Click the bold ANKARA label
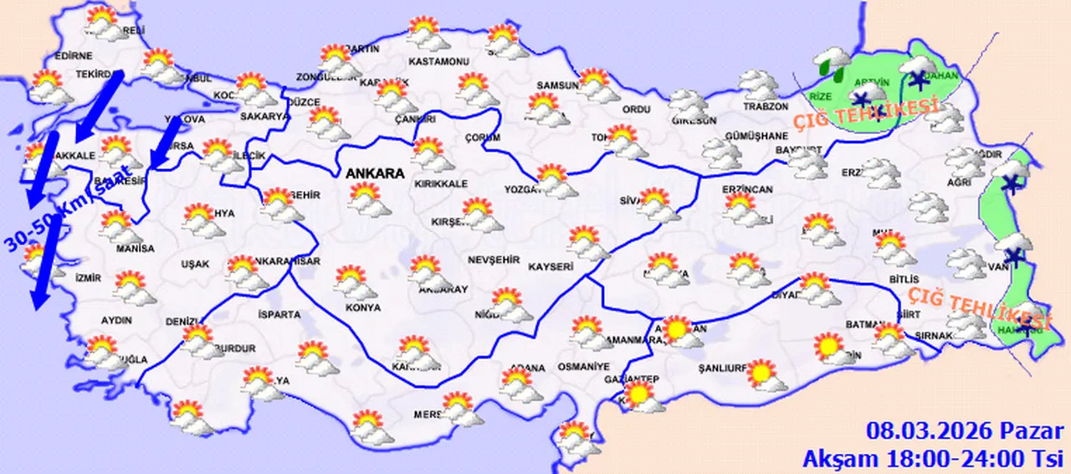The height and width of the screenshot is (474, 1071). (373, 174)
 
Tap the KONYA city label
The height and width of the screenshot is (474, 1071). (363, 307)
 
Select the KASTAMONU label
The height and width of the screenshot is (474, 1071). (438, 62)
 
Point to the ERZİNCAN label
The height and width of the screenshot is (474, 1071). (748, 190)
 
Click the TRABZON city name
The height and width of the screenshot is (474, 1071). (766, 107)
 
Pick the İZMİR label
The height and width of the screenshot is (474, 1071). (88, 278)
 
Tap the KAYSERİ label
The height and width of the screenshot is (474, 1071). (551, 267)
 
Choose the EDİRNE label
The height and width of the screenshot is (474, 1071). (72, 56)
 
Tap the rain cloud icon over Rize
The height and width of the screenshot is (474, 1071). (831, 61)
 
